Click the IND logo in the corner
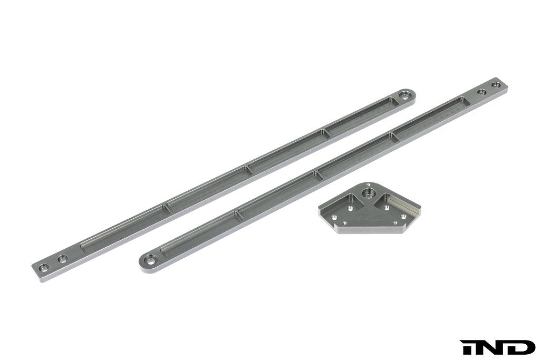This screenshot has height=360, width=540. pos(498,347)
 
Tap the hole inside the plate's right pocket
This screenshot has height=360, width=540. pos(387,207)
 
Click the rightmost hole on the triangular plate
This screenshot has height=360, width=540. pos(404,216)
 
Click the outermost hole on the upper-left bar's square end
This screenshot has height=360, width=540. pos(44,267)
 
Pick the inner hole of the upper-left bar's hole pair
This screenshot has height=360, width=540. pos(62,259)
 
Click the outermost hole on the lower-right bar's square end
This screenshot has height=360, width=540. pos(496,85)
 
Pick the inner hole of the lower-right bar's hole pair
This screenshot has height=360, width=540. pos(481,92)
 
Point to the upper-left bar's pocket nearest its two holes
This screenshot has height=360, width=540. pos(121,229)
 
